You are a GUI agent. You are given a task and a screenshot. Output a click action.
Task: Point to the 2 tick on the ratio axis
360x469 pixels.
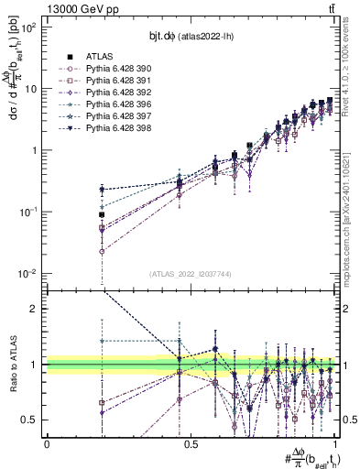tap(37, 309)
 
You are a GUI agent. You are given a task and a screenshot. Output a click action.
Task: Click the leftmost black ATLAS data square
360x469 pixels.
tap(102, 214)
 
